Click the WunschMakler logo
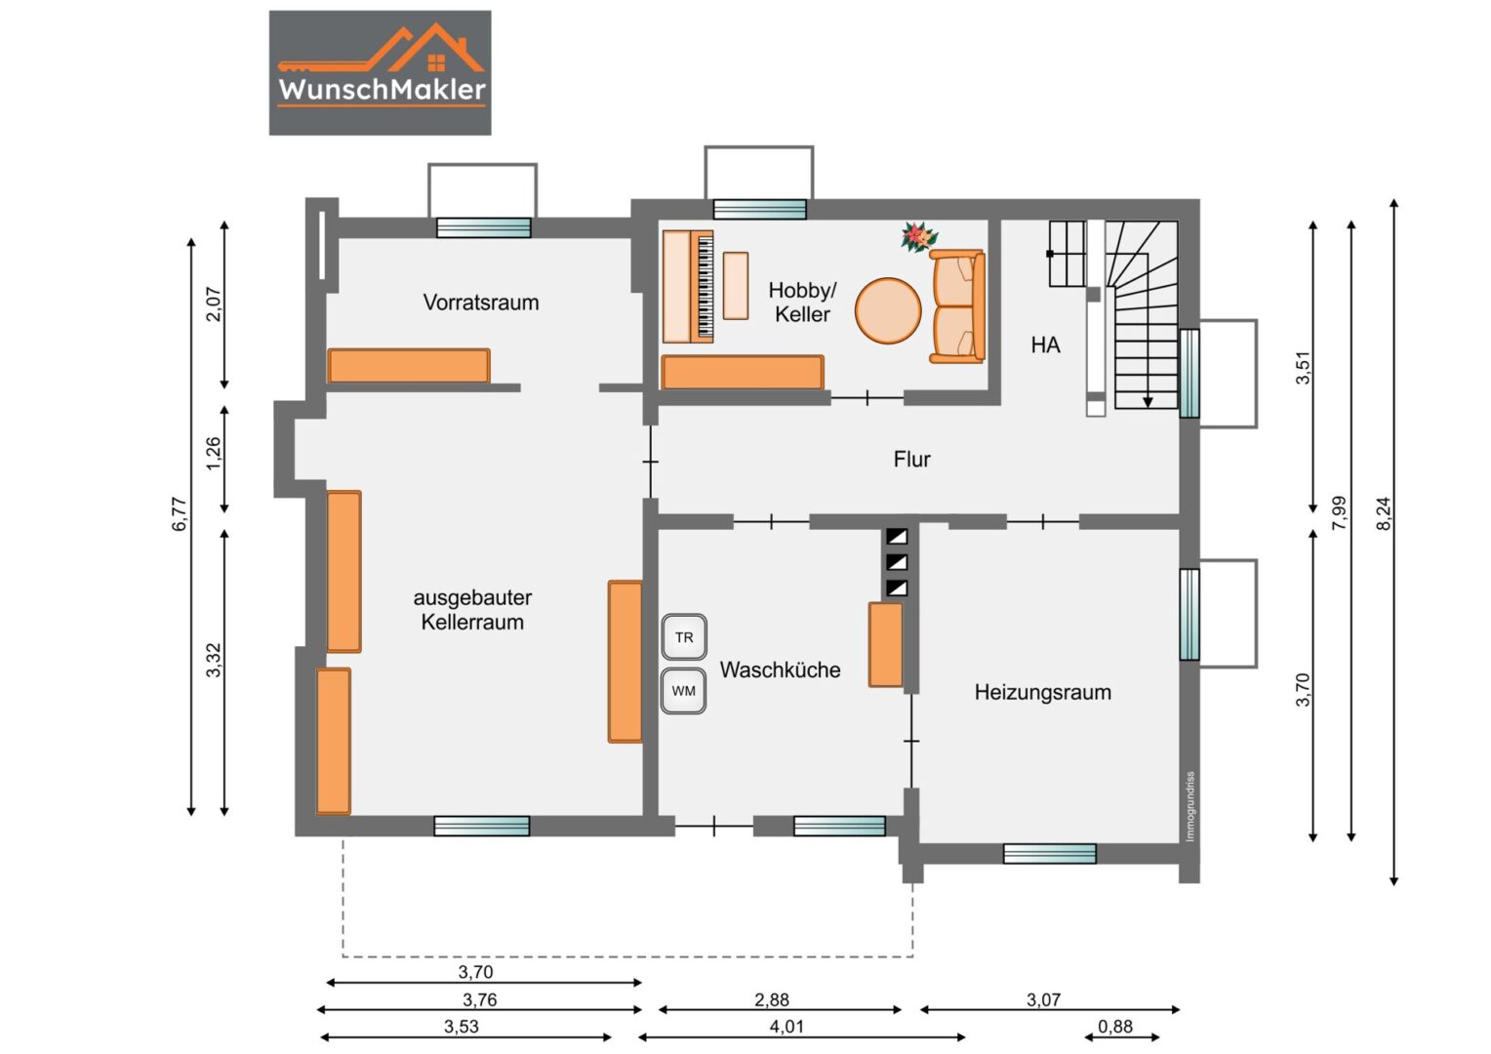(381, 72)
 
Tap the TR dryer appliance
(684, 637)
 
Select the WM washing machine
(684, 691)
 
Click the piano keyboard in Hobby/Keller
(705, 286)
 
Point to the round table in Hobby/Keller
(888, 311)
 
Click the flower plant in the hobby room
(919, 237)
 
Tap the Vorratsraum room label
(481, 303)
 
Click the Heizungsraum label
(1043, 693)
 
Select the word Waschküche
(780, 669)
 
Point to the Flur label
(912, 459)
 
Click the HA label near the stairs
(1046, 345)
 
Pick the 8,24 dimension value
(1384, 513)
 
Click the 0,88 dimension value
(1115, 1026)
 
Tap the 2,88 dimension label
(772, 999)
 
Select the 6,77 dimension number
(180, 514)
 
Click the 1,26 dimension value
(213, 453)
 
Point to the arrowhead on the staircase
(1148, 402)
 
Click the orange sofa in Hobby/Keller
(957, 306)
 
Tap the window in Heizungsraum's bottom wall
(1050, 854)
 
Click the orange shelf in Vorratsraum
(409, 366)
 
